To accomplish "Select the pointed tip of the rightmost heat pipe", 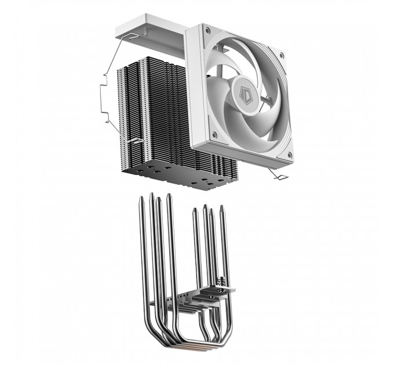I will coord(221,206).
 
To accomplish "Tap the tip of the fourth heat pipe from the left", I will coord(169,195).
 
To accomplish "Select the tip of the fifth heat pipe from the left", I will coord(196,209).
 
